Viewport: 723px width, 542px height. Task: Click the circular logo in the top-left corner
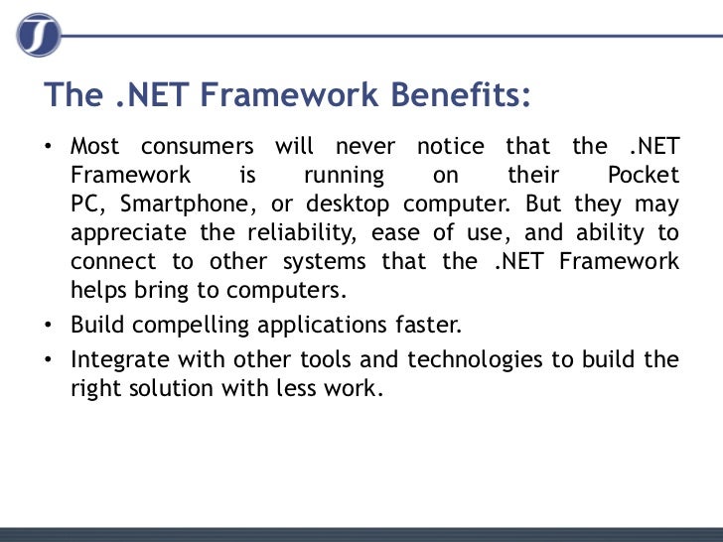38,35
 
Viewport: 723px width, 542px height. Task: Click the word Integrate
115,358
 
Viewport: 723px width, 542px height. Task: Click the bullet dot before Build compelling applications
49,326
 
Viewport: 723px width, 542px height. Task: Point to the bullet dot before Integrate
49,359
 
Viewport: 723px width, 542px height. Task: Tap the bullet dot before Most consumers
49,148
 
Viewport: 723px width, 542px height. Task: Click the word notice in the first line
451,147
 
